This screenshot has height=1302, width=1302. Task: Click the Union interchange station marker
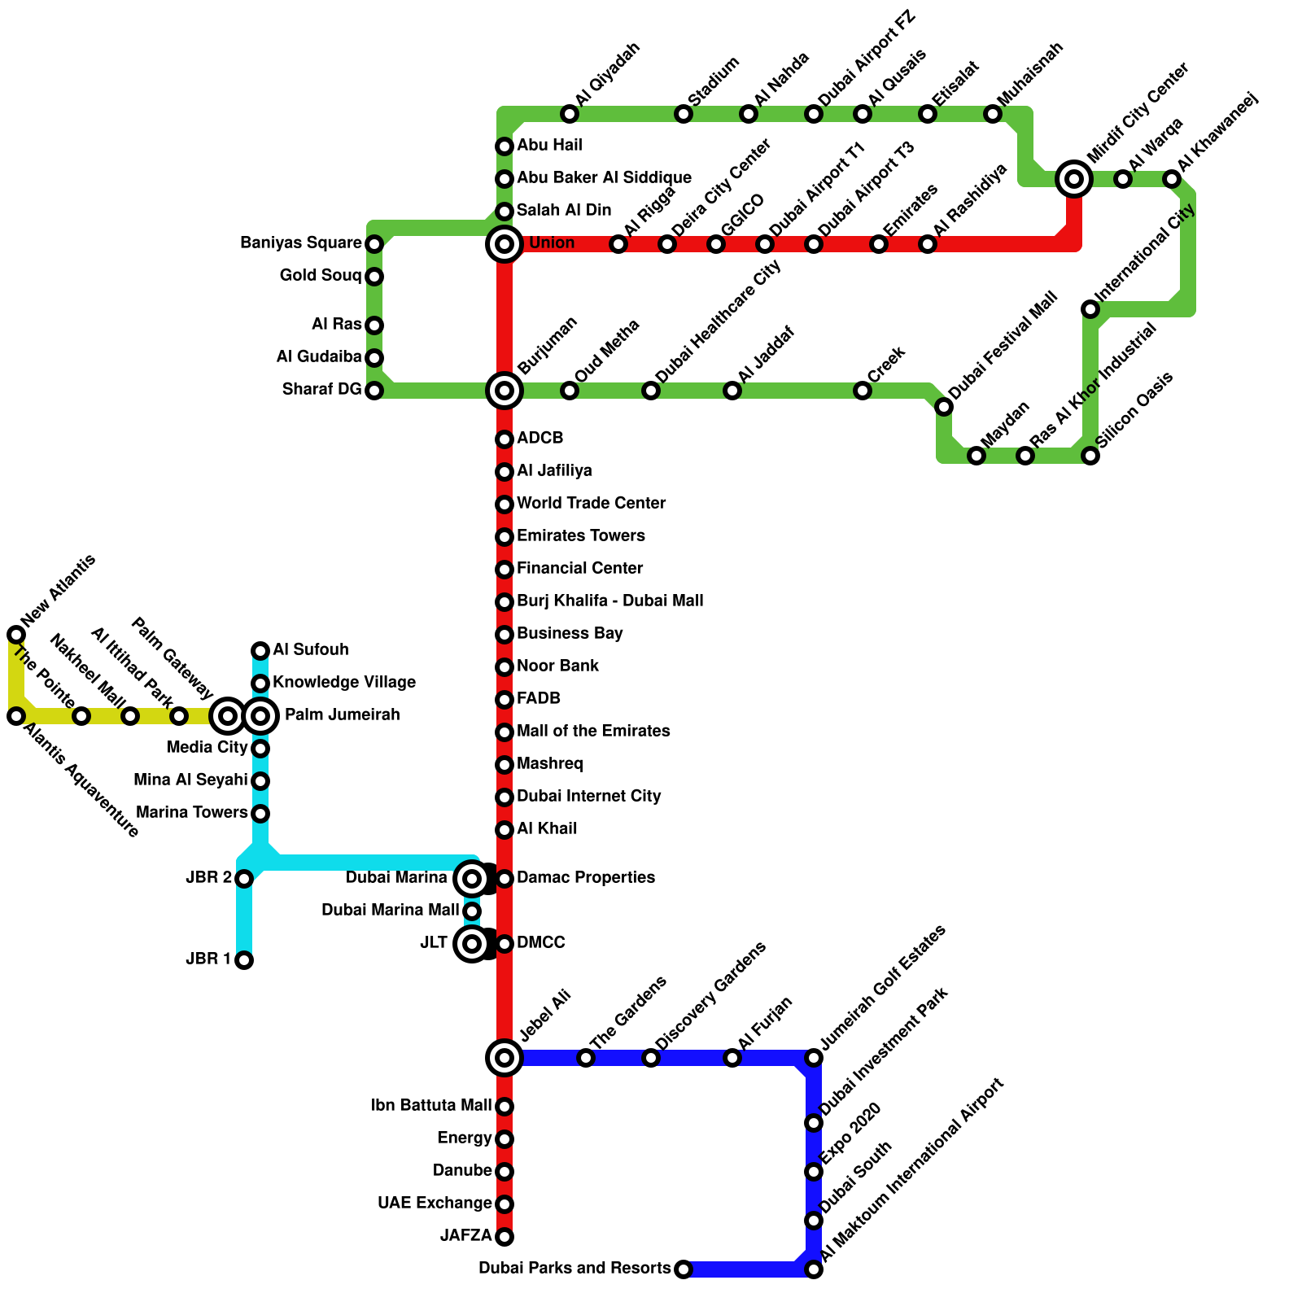pos(505,243)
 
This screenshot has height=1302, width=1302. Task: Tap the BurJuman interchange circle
pos(505,391)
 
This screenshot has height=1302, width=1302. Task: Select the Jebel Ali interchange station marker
pos(505,1058)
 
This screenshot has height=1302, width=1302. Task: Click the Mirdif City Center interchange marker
pos(1074,179)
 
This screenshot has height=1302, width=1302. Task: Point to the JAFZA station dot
pos(505,1237)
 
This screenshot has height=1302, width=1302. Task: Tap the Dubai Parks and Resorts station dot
pos(684,1269)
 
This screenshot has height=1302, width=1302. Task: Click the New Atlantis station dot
pos(16,634)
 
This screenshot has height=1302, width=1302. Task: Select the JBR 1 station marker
pos(244,960)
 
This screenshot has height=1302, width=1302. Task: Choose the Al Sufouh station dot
pos(260,650)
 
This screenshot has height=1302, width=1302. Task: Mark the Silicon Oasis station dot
pos(1090,456)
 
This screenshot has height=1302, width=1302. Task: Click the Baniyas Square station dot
pos(374,243)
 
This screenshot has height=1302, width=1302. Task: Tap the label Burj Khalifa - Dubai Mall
pos(609,601)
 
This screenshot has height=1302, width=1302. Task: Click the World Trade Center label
pos(591,503)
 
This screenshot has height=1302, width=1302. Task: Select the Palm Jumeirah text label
pos(342,714)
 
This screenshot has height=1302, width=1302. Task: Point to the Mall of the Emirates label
pos(593,731)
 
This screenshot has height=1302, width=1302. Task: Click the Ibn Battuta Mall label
pos(431,1105)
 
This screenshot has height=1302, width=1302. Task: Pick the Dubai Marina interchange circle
pos(472,879)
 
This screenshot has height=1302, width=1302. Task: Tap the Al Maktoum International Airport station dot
pos(814,1269)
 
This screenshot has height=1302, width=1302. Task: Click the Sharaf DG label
pos(321,389)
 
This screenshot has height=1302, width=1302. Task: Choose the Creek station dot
pos(863,391)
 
